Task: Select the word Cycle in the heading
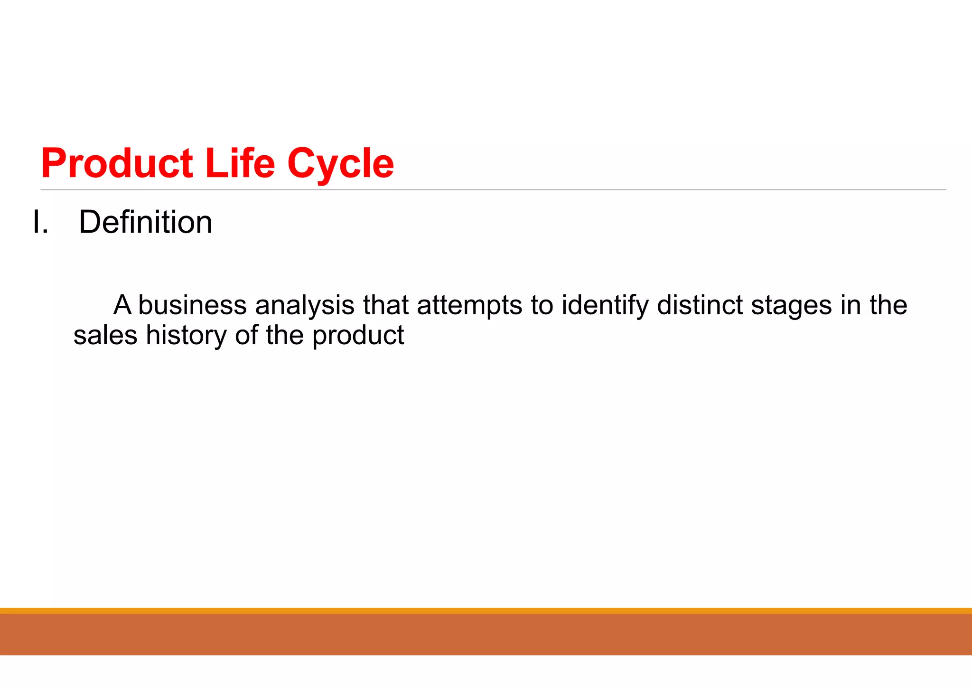click(340, 164)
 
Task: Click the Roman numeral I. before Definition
click(40, 222)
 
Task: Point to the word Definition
click(145, 222)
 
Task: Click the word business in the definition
click(192, 305)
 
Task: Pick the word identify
click(605, 306)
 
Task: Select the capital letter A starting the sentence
click(122, 305)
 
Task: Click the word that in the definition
click(385, 305)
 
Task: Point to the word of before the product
click(246, 335)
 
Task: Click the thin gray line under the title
click(494, 190)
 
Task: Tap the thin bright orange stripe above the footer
click(486, 611)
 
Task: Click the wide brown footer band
click(486, 634)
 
